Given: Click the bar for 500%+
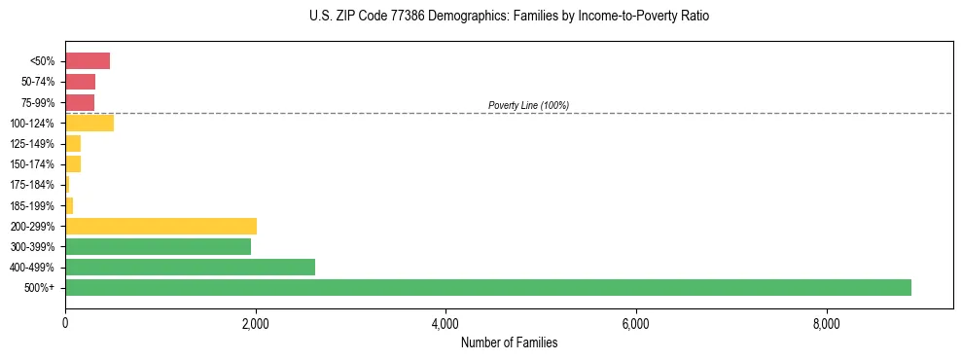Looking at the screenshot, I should (487, 287).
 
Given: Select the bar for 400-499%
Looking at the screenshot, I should (190, 267).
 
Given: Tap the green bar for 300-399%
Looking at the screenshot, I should (158, 246).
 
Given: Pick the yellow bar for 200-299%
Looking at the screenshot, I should (160, 226).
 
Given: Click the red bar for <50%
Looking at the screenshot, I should (88, 61).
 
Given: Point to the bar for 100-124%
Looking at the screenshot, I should (89, 123).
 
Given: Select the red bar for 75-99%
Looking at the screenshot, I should (80, 102).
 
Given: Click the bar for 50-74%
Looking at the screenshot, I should (80, 82).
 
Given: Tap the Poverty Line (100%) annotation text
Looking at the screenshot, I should (528, 105).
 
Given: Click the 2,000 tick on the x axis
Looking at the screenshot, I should (255, 324).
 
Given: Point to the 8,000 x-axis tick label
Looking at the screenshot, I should (826, 324).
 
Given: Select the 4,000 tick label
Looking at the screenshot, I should (445, 324).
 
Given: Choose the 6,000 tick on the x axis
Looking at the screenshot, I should (635, 324).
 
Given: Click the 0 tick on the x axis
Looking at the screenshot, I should (65, 324).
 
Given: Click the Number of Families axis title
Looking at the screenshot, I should (509, 342).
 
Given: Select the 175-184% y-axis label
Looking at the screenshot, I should (31, 185).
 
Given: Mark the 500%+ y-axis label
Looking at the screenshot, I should (39, 288).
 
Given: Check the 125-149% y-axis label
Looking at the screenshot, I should (31, 144).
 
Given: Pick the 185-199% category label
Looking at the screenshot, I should (31, 205).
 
